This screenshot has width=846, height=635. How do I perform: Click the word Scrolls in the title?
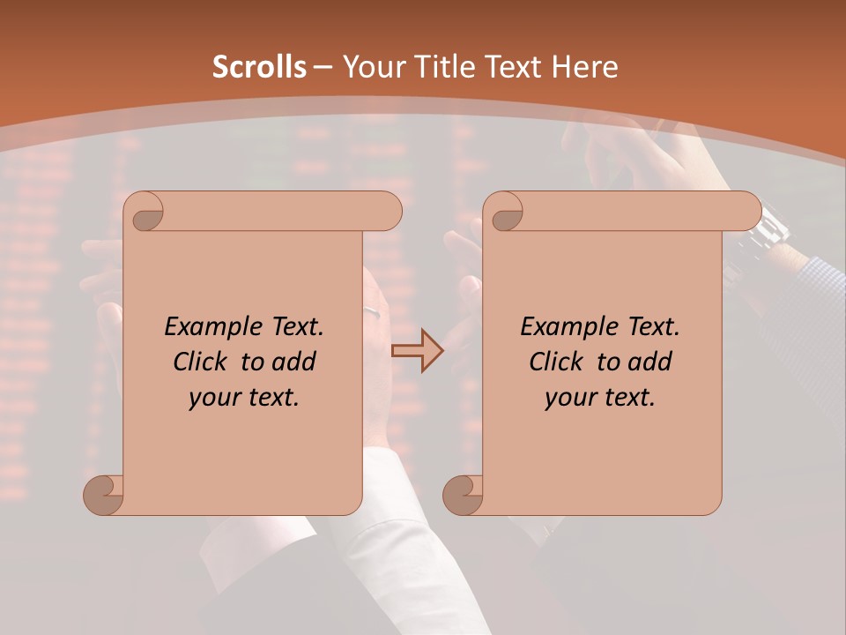coord(260,67)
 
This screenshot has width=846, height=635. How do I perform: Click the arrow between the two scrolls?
coord(418,351)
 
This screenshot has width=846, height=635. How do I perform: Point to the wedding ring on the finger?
coord(375,311)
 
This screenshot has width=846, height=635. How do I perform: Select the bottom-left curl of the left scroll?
coord(103,494)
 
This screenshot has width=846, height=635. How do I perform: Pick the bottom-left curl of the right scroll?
coord(463,494)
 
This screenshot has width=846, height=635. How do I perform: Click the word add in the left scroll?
coord(294,362)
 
